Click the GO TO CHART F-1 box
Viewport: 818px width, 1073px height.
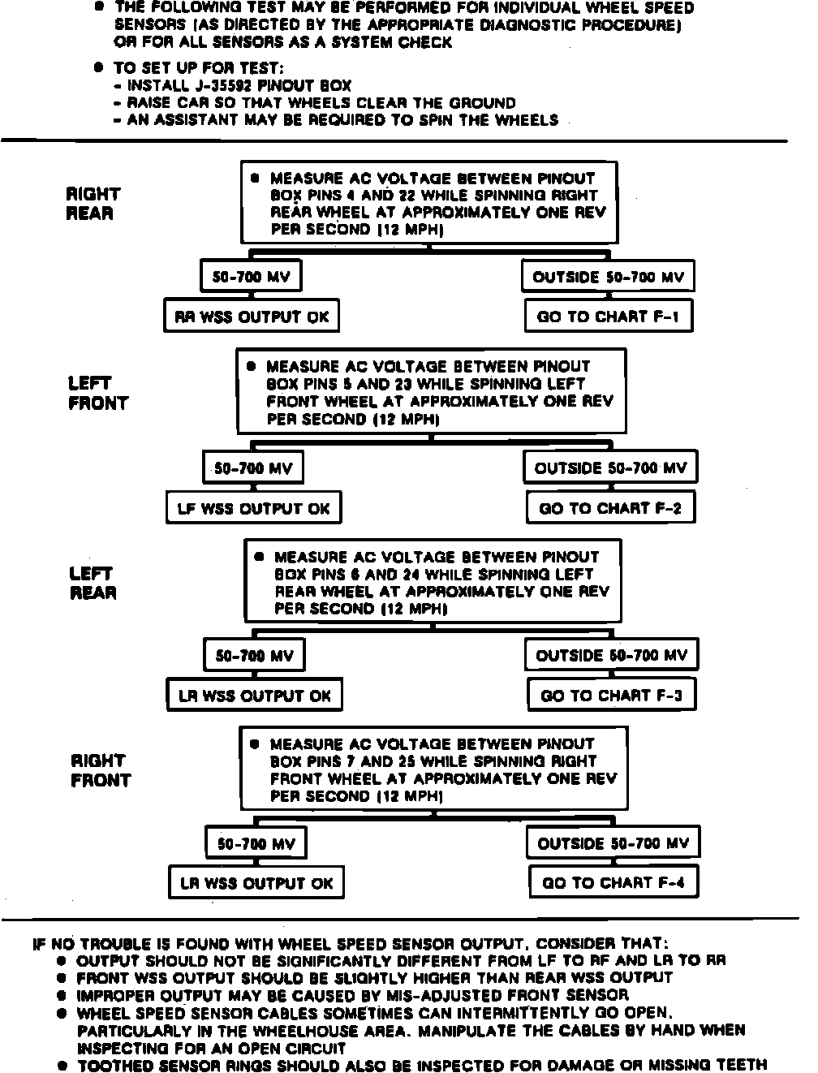click(x=609, y=317)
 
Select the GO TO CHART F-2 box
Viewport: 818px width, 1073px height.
click(x=610, y=509)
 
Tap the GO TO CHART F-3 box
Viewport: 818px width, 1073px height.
click(x=611, y=696)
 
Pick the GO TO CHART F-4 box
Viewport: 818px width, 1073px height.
click(x=613, y=882)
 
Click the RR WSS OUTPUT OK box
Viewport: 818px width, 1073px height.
click(x=251, y=317)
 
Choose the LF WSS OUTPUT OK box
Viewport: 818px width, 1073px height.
click(x=253, y=509)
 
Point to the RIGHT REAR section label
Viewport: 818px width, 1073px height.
click(x=93, y=204)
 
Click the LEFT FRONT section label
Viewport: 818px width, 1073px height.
click(x=97, y=393)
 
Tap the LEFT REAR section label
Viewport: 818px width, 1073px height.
click(x=93, y=583)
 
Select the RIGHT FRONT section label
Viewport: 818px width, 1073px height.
click(x=100, y=770)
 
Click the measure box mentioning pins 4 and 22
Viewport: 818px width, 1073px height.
click(x=428, y=204)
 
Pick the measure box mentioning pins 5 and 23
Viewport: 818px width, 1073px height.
click(x=431, y=392)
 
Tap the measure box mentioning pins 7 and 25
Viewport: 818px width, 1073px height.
click(x=433, y=769)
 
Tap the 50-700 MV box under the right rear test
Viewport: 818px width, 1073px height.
click(x=251, y=277)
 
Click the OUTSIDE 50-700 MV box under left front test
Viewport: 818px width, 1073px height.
click(x=610, y=468)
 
